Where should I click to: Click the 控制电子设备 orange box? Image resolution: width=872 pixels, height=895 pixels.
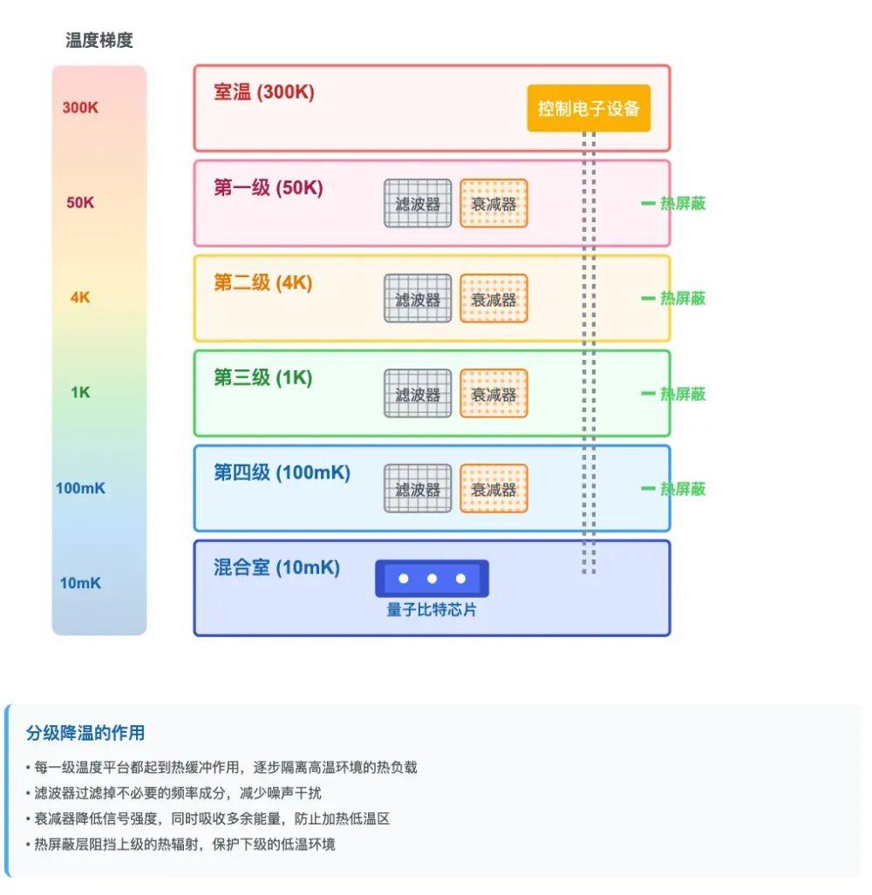pos(589,108)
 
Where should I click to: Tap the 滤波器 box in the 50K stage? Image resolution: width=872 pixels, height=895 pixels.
pos(418,203)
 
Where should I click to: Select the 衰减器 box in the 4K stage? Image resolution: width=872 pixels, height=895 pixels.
pos(494,298)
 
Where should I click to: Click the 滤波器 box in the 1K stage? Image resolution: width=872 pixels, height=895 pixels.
pos(418,393)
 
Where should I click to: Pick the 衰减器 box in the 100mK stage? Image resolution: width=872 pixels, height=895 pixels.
pos(494,488)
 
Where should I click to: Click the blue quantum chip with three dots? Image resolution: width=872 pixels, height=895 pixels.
pos(432,579)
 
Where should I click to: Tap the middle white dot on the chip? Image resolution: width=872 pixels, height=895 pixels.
pos(432,579)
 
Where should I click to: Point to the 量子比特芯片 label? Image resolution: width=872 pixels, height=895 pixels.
pos(432,610)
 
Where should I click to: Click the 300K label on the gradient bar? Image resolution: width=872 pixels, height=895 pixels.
pos(80,108)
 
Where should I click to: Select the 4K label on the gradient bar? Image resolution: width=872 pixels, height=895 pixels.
pos(80,297)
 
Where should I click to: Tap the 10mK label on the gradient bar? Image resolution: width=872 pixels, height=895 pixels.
pos(80,583)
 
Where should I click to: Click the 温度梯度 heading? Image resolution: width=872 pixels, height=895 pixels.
pos(99,40)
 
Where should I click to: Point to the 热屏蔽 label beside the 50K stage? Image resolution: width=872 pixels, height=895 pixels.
pos(682,204)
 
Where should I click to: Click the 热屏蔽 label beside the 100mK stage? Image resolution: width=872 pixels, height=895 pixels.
pos(682,489)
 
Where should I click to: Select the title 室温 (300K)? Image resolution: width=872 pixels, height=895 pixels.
pos(263,92)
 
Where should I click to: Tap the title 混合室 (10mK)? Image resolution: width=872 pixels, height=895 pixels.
pos(276,567)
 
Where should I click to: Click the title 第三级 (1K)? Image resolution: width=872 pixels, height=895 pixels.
pos(262,377)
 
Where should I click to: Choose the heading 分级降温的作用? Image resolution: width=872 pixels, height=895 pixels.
pos(85,733)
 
